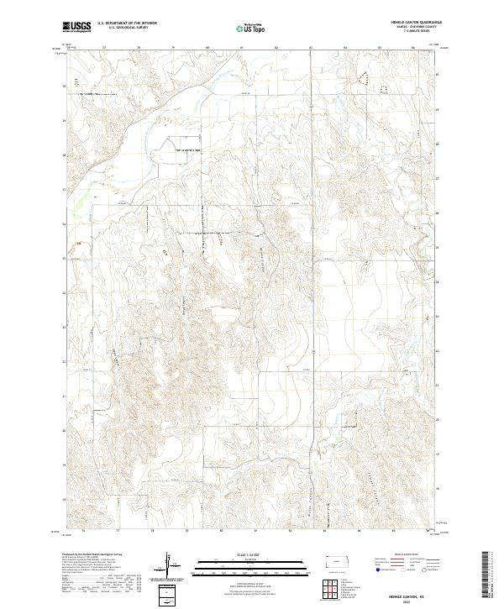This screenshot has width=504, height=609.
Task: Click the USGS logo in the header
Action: pyautogui.click(x=77, y=26)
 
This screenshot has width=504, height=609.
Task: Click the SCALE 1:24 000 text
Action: pyautogui.click(x=251, y=554)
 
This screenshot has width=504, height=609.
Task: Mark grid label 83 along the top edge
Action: pyautogui.click(x=310, y=47)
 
